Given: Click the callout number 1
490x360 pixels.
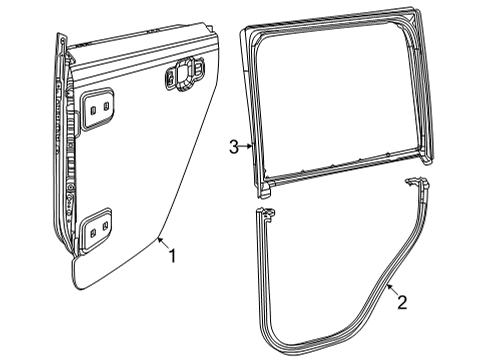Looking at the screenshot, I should (171, 256).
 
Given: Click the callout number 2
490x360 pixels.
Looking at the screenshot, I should (400, 301).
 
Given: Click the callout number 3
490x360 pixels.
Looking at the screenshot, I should (232, 147).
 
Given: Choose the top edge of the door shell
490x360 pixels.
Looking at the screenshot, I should (140, 45).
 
